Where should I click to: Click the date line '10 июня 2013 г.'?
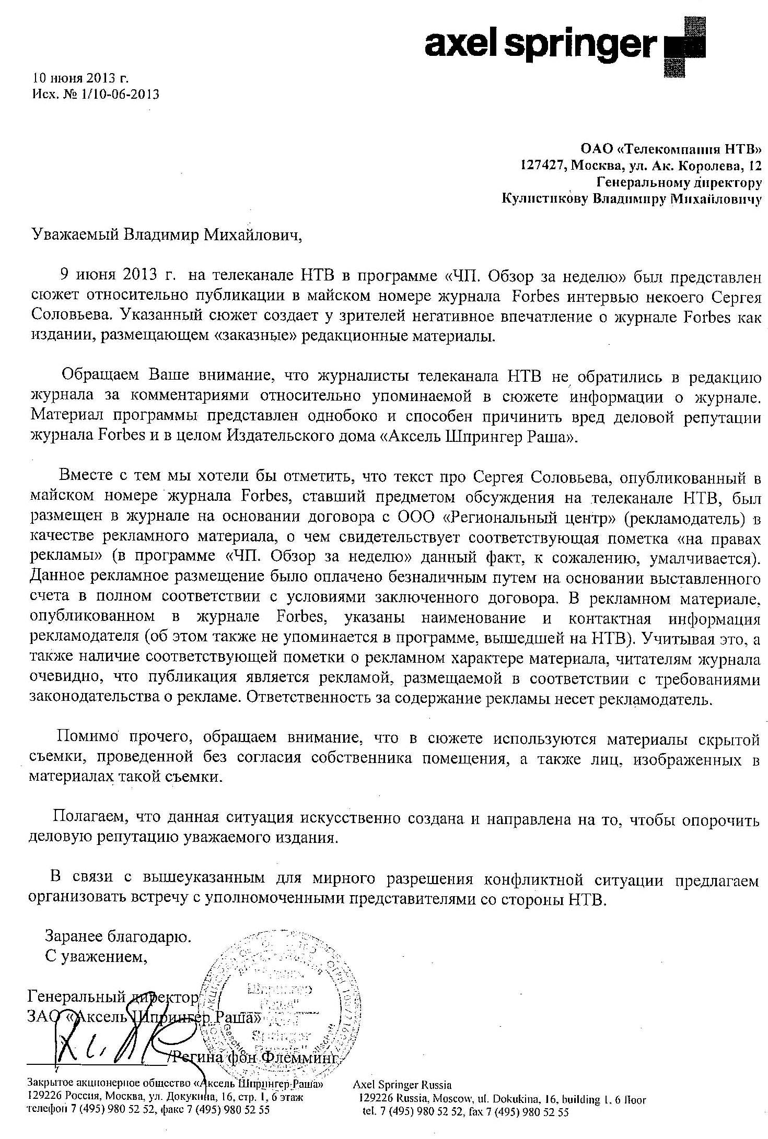pyautogui.click(x=80, y=78)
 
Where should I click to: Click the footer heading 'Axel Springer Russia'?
pyautogui.click(x=402, y=1071)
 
